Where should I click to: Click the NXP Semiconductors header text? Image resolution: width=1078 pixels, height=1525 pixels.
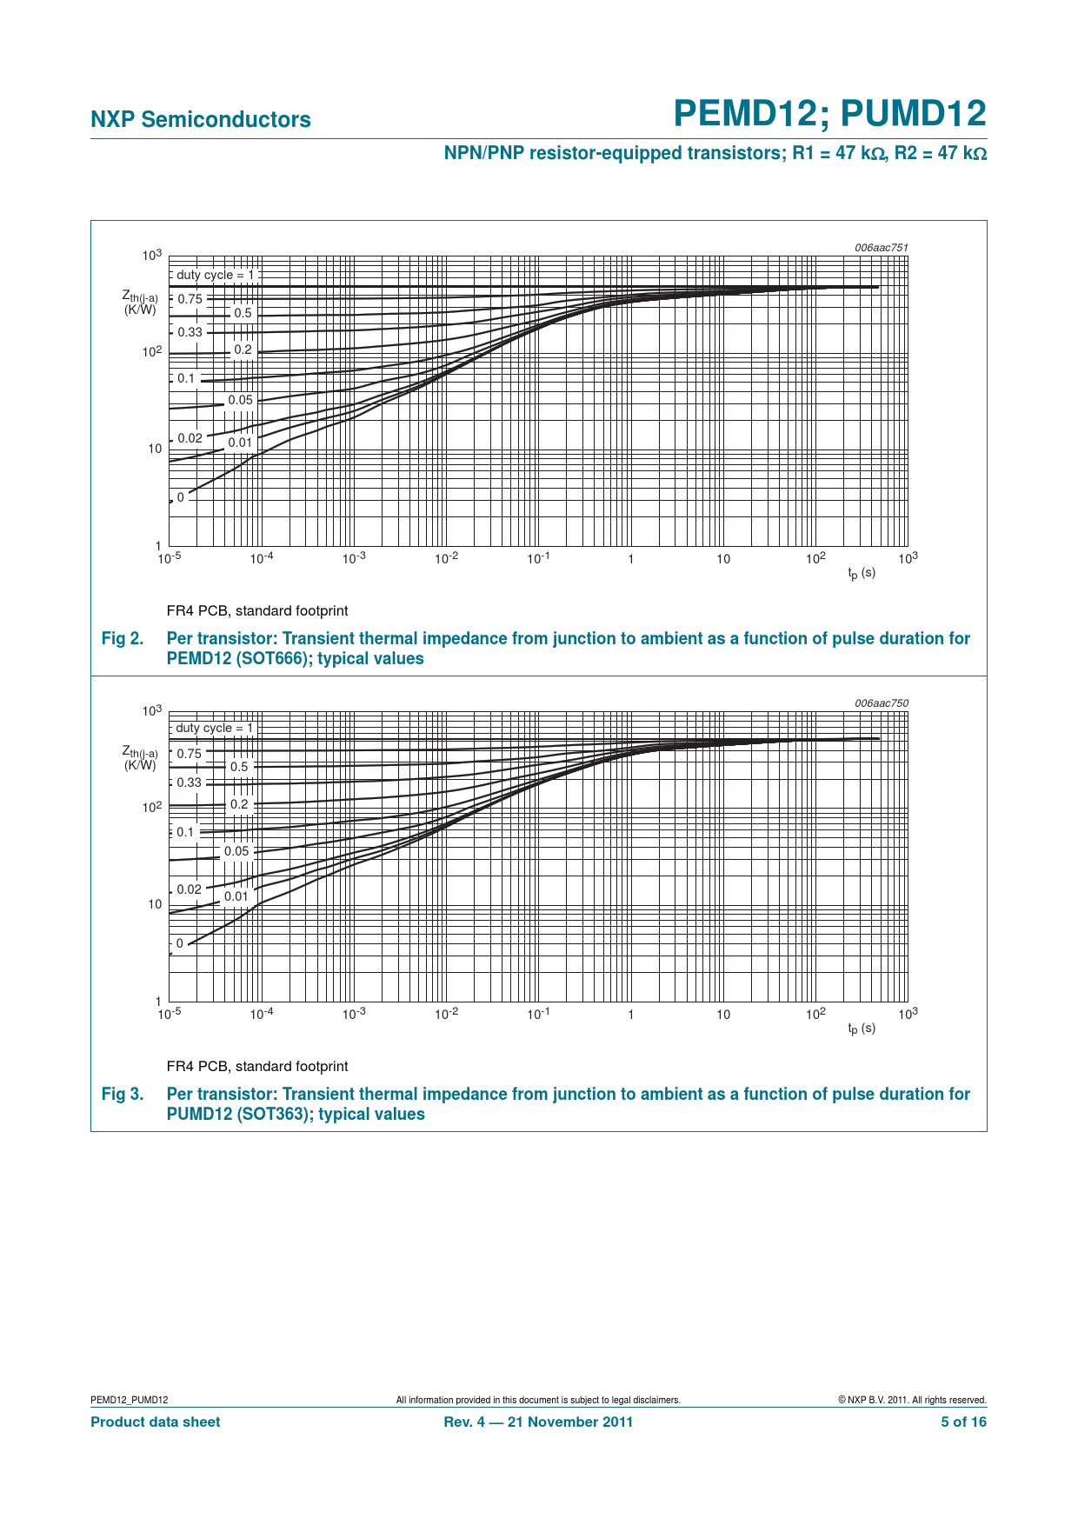[200, 120]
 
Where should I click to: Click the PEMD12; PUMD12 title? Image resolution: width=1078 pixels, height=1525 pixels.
[829, 114]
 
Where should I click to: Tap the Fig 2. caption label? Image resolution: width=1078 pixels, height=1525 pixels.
[123, 639]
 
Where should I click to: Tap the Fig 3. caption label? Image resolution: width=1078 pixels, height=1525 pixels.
[123, 1095]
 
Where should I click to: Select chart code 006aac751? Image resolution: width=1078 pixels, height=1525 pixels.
[881, 248]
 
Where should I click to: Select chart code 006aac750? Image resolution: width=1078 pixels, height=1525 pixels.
[881, 703]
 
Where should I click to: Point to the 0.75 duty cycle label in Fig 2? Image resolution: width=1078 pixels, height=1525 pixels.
[190, 299]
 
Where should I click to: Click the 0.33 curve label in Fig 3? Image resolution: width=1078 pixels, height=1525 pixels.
[189, 782]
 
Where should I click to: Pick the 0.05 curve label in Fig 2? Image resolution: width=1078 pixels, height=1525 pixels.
[240, 401]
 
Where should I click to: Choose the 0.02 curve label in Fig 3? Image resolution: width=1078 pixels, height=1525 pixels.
[189, 889]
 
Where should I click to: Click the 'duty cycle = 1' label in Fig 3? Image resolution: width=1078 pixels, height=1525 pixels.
[214, 729]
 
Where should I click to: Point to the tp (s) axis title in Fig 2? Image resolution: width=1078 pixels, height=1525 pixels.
[862, 573]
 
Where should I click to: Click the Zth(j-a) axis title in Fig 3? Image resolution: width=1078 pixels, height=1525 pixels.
[140, 757]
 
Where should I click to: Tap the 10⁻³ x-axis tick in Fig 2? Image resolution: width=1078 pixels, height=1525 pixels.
[354, 558]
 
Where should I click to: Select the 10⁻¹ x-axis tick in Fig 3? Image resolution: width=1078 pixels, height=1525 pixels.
[538, 1014]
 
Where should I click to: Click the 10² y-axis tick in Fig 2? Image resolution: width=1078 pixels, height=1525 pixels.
[152, 352]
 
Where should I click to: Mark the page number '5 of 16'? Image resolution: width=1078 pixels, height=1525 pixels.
[963, 1422]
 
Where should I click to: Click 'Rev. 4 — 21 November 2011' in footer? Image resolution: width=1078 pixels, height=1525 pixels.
[538, 1422]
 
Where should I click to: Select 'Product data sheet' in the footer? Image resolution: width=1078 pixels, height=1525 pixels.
[155, 1422]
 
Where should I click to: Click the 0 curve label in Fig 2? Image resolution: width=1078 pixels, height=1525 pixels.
[181, 498]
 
